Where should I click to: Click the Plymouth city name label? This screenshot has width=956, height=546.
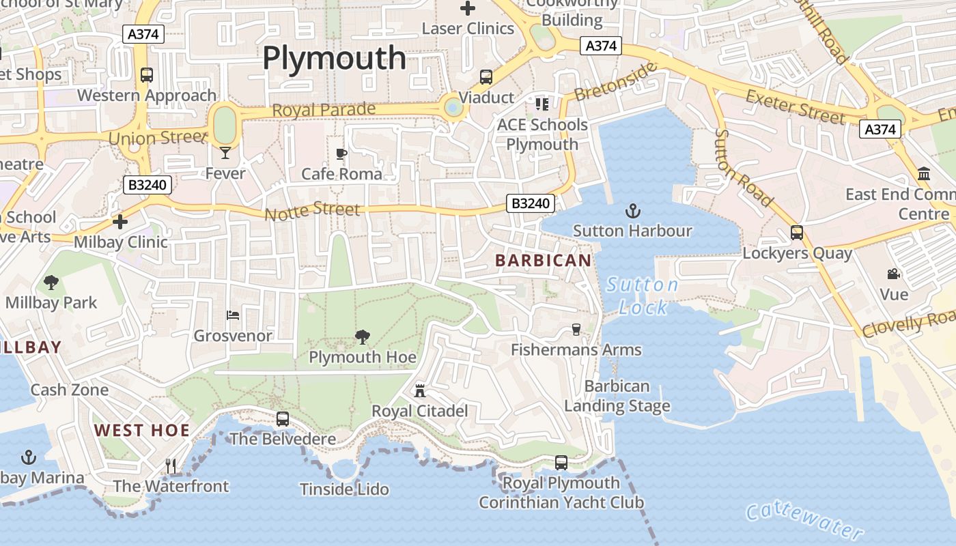(x=335, y=58)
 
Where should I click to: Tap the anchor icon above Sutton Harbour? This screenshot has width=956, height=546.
(x=632, y=210)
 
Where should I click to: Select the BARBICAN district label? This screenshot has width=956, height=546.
(x=544, y=260)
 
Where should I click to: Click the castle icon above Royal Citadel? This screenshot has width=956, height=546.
(x=420, y=391)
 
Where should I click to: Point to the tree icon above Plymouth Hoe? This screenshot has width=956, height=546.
(x=363, y=336)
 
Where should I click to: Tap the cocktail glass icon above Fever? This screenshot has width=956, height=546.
(x=225, y=153)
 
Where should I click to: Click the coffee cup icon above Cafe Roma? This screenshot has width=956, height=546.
(x=342, y=154)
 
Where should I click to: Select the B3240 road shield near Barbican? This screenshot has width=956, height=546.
(x=531, y=203)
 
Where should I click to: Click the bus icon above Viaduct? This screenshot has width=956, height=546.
(x=486, y=77)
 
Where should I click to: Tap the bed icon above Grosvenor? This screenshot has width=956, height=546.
(x=233, y=315)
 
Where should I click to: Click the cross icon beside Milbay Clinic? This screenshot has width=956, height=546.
(x=120, y=222)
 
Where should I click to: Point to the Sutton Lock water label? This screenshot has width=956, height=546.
(x=643, y=296)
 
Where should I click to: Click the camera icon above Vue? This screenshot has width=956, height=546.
(x=893, y=274)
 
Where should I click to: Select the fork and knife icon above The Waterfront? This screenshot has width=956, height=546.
(x=171, y=466)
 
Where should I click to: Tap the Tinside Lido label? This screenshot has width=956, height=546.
(x=344, y=489)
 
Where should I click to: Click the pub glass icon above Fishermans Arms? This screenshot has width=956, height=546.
(x=576, y=330)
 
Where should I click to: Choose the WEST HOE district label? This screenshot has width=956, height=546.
(x=141, y=430)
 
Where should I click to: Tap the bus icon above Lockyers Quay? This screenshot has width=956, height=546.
(x=797, y=233)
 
